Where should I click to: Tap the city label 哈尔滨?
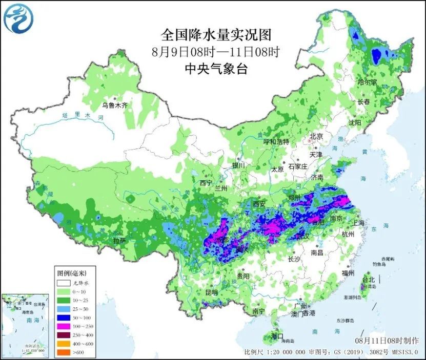(x=367, y=82)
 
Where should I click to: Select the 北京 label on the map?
(x=316, y=137)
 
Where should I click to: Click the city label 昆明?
(x=211, y=292)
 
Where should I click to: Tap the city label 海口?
(x=277, y=336)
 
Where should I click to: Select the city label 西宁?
(x=206, y=183)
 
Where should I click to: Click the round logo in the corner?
(x=17, y=17)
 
